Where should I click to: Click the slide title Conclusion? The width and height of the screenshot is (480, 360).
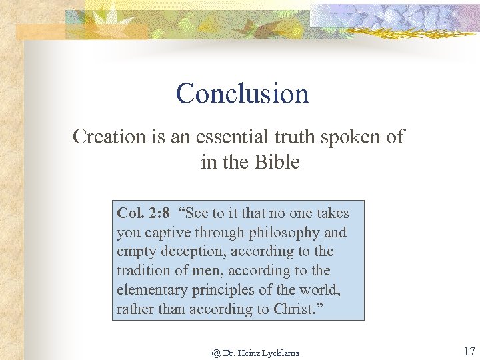tap(243, 94)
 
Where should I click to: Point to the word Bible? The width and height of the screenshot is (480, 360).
tap(277, 162)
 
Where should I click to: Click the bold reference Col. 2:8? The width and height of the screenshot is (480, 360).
tap(143, 213)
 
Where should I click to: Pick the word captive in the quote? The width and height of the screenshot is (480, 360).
tap(165, 233)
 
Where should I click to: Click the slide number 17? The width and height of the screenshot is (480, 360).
tap(467, 351)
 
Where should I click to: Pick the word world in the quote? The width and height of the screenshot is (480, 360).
tap(321, 290)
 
